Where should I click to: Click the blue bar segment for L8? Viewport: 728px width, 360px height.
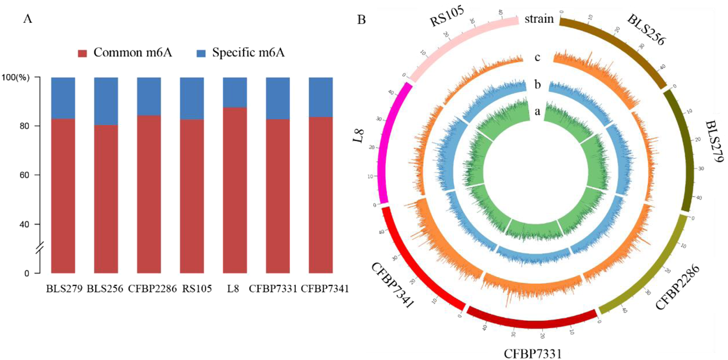click(x=235, y=92)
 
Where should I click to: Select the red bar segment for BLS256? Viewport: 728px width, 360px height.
click(x=106, y=199)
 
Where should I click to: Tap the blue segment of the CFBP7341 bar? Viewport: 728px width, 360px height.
click(x=320, y=97)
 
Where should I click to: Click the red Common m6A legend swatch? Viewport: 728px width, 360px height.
click(x=83, y=53)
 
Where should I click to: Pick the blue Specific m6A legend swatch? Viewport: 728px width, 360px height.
click(x=201, y=53)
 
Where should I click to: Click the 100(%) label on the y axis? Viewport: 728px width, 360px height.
click(x=15, y=78)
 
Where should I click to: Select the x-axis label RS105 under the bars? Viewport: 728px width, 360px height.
click(x=197, y=289)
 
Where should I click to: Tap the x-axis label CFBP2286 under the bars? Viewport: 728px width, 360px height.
click(x=152, y=289)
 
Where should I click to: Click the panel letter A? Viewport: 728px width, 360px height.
click(x=27, y=19)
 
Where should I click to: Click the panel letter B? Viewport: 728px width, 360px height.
click(x=361, y=20)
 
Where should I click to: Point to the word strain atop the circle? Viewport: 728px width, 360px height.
click(x=539, y=19)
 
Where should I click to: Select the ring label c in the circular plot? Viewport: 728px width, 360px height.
click(x=537, y=57)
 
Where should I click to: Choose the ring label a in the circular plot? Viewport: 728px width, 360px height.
click(x=537, y=112)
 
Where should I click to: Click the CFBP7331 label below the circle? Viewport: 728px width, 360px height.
click(x=533, y=353)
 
